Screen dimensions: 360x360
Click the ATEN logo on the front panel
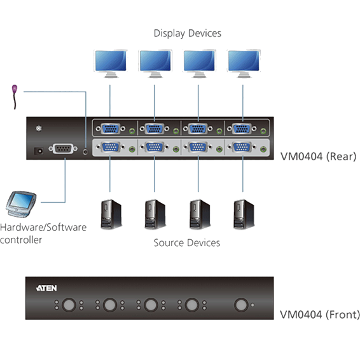[x=46, y=288]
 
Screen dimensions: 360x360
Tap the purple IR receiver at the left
[x=15, y=97]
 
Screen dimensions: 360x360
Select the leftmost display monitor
[x=111, y=64]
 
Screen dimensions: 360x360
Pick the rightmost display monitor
[x=244, y=64]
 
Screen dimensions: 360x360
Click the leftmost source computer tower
[x=111, y=214]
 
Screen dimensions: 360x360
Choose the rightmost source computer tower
[x=244, y=214]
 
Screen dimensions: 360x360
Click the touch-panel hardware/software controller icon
[x=21, y=204]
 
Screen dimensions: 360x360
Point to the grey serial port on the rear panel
[x=63, y=149]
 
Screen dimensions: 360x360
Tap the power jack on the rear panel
[x=39, y=151]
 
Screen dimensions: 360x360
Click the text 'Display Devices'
[x=188, y=34]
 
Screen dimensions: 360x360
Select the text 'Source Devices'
[x=186, y=243]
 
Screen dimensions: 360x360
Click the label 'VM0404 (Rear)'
[x=319, y=157]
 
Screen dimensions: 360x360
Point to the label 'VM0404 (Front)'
[x=320, y=315]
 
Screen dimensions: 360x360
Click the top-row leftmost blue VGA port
[x=111, y=128]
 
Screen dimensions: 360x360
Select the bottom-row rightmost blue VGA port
[x=242, y=147]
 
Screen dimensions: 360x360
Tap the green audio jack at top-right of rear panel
[x=263, y=131]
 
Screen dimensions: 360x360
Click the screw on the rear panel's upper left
[x=39, y=128]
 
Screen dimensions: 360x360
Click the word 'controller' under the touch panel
[x=21, y=240]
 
